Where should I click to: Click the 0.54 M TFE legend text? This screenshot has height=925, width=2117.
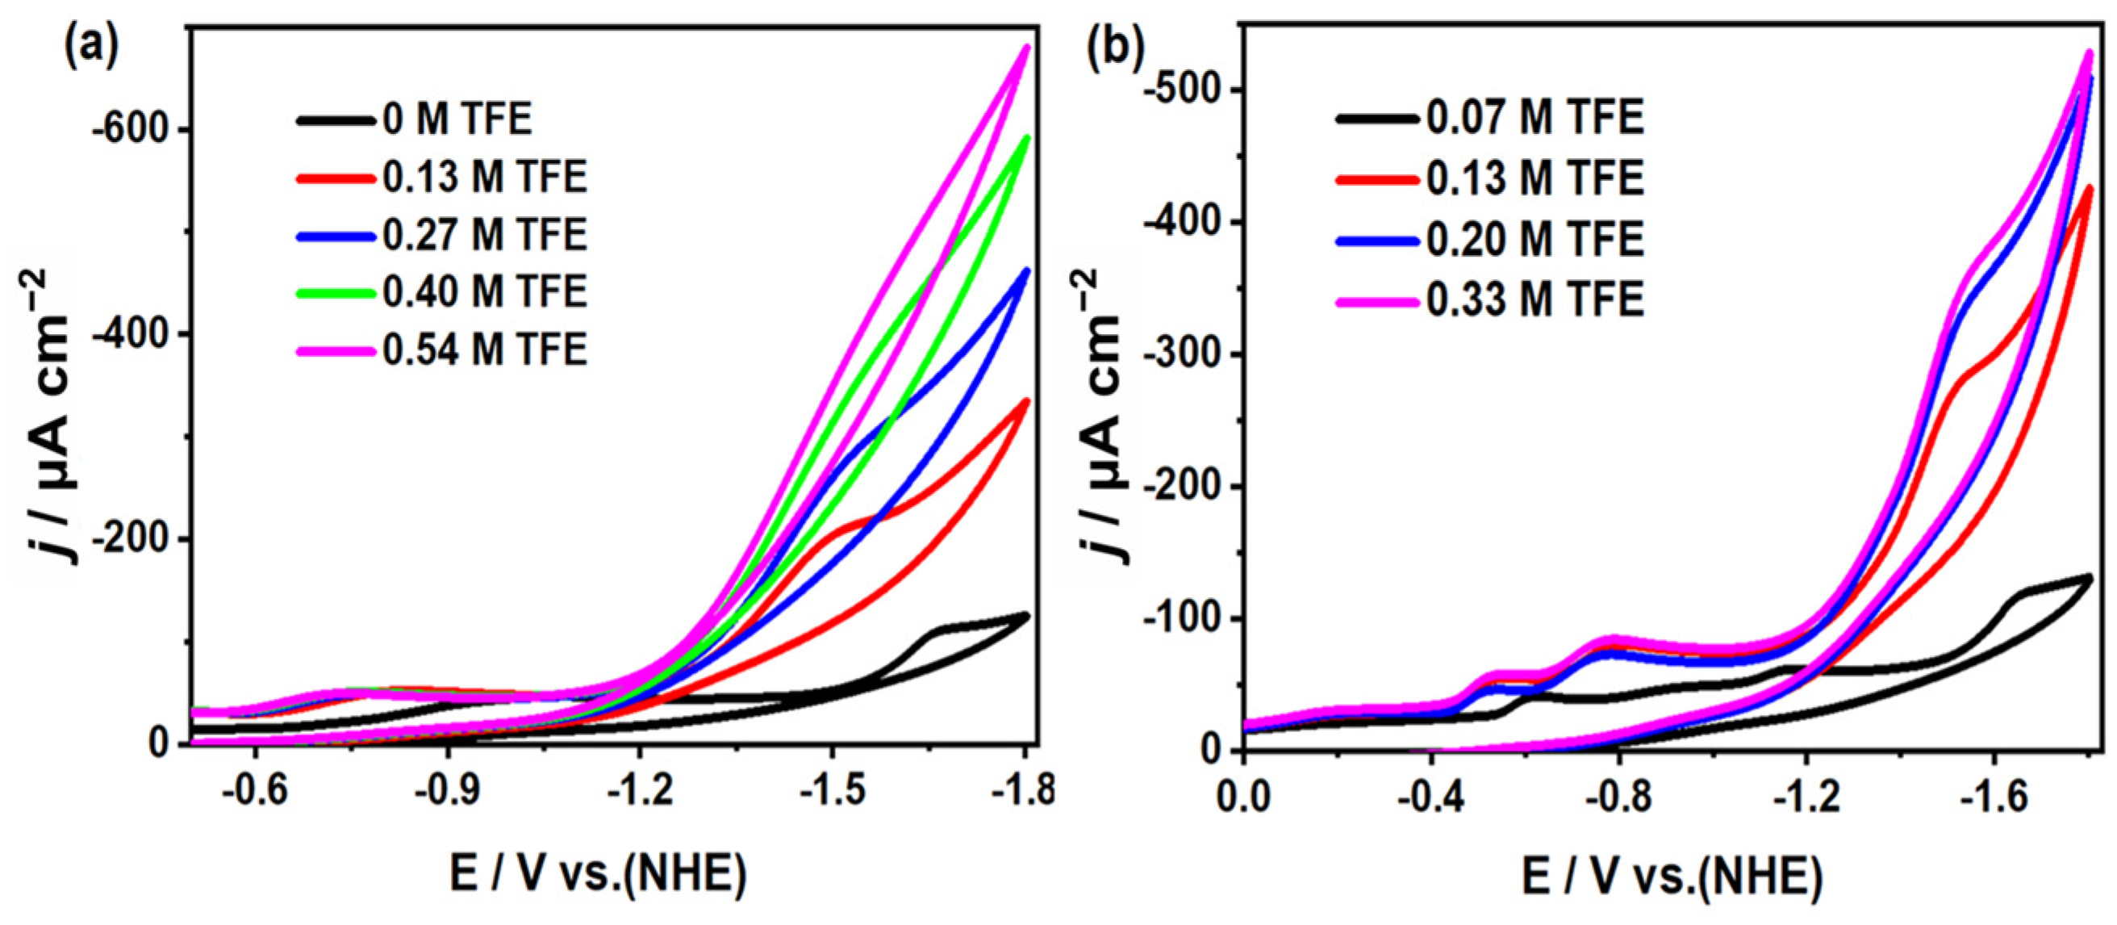click(485, 351)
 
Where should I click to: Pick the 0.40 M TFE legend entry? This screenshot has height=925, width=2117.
click(485, 294)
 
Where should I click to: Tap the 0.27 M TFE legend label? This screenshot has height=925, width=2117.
click(485, 236)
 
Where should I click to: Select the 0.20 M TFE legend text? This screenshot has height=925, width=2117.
click(1535, 240)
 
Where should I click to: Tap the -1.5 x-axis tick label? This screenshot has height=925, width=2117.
click(833, 791)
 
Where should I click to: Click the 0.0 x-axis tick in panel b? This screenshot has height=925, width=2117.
click(1242, 797)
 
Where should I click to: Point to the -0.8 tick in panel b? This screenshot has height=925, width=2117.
click(1618, 797)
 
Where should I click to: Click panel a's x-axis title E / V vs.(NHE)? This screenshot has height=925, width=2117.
click(599, 875)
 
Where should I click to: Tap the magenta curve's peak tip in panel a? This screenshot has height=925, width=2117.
click(1025, 47)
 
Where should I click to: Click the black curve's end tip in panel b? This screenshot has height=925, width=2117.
click(2089, 578)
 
